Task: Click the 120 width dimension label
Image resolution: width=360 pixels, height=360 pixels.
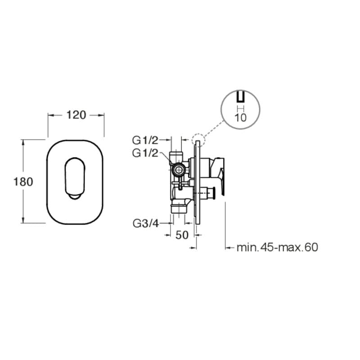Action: pyautogui.click(x=76, y=115)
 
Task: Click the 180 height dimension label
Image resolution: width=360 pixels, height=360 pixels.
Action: pyautogui.click(x=23, y=182)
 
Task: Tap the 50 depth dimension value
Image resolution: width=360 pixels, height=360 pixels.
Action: pyautogui.click(x=182, y=235)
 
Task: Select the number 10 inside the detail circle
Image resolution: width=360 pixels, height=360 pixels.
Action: pyautogui.click(x=240, y=118)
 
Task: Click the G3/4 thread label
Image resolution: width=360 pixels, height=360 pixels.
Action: pyautogui.click(x=146, y=223)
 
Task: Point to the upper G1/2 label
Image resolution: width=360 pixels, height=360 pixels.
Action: pyautogui.click(x=145, y=140)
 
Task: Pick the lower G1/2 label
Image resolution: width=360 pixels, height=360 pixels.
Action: pyautogui.click(x=145, y=153)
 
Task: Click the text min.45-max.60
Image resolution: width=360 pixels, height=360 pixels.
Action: pyautogui.click(x=277, y=247)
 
